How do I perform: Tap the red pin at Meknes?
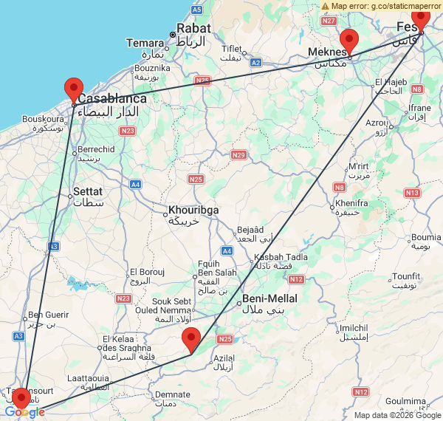348,41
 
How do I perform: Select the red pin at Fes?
420,16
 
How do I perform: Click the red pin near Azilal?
191,340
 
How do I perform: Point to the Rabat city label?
194,28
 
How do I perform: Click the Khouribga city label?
193,210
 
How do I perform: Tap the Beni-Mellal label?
270,298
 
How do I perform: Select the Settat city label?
87,191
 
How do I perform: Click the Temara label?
144,43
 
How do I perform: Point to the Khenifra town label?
351,202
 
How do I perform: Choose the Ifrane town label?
419,108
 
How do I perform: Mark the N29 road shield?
238,154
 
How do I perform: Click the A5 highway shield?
196,10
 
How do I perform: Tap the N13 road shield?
412,192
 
